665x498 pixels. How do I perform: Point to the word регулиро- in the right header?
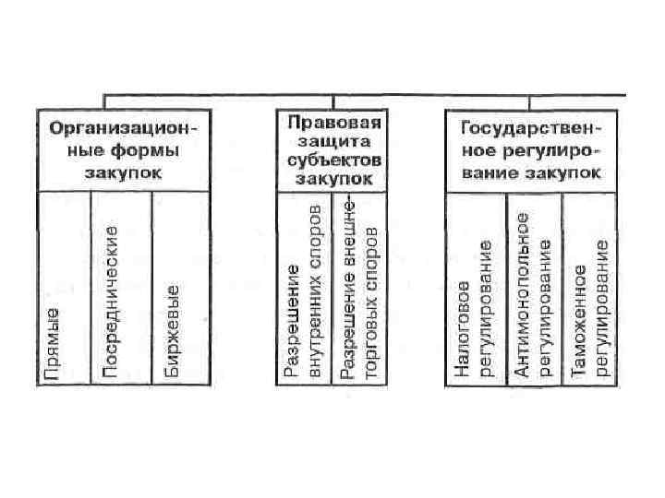(x=558, y=150)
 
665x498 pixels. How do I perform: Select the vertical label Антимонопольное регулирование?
(x=534, y=295)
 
